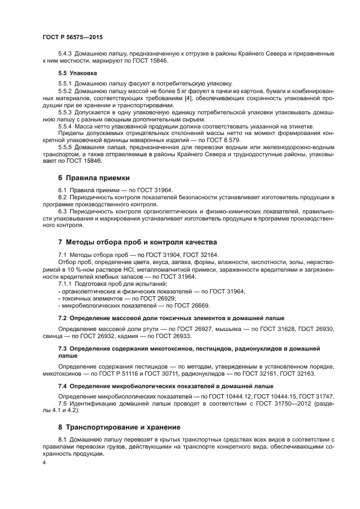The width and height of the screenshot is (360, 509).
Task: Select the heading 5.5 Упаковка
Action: point(78,72)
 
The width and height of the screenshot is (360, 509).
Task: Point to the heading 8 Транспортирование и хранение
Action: point(119,427)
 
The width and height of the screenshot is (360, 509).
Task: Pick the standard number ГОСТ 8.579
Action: point(225,140)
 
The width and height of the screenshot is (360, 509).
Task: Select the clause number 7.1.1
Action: point(66,284)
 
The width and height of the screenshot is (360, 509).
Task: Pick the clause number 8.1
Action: point(63,439)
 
